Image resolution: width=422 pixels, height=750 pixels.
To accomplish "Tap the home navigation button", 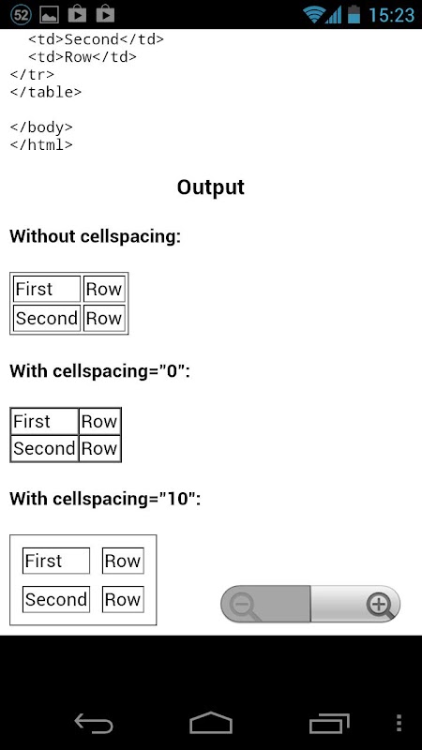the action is coord(211,723).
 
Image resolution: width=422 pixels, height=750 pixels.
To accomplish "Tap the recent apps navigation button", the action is coord(329,723).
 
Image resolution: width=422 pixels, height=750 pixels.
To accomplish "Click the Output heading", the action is coord(210,187).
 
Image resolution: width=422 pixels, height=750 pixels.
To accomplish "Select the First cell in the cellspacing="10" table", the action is coord(56,561).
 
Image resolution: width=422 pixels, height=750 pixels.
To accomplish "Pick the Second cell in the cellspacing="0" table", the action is coord(44,449).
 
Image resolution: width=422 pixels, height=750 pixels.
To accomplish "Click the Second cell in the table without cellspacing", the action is coord(47,318).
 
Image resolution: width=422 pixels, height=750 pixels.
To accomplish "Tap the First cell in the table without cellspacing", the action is coord(47,289).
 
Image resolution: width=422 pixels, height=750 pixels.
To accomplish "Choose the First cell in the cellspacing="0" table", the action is coord(44,421).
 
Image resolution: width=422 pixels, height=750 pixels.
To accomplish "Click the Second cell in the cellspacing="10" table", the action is coord(56,599).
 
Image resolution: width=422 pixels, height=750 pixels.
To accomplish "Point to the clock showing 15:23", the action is coord(391,15).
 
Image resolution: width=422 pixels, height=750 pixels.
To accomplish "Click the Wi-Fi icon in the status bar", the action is coord(314,15).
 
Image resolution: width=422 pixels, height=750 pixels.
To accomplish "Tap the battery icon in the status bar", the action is coord(354,14).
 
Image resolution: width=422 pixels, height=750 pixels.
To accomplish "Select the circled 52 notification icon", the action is coord(21,15).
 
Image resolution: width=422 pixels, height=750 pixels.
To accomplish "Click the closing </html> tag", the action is coord(41,144).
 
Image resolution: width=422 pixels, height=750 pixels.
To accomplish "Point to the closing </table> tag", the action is coord(46,92).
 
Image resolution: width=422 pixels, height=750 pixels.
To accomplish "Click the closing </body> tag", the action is coord(41,127).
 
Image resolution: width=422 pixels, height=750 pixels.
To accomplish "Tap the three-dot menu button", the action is coord(399,723).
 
